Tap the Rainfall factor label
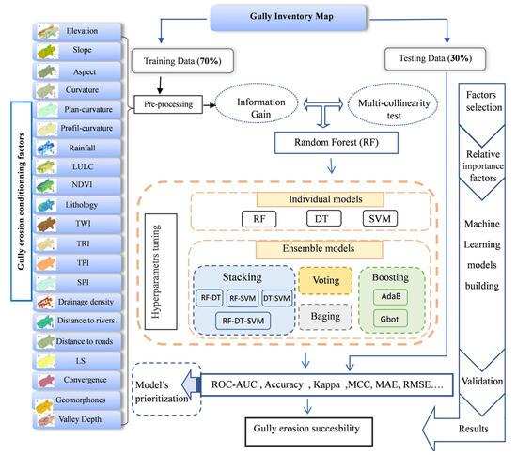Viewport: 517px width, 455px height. tap(80, 148)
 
